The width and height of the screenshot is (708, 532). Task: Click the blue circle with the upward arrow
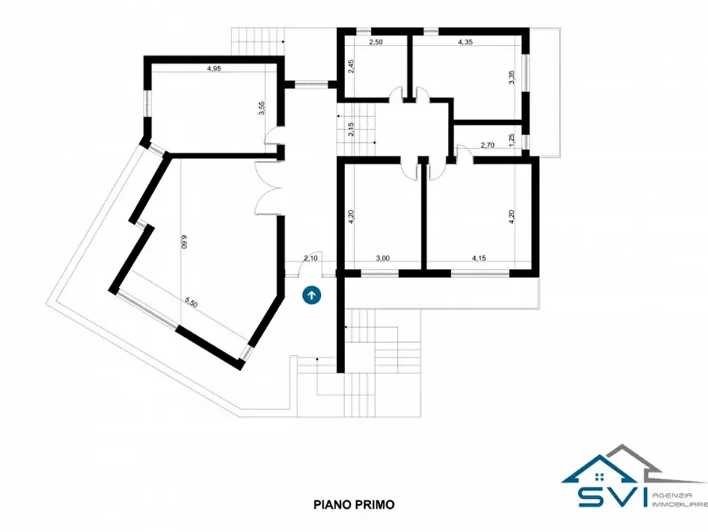coord(312,295)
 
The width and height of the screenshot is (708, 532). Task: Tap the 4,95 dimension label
coord(213,69)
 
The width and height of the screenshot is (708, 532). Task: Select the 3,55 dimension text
coord(262,109)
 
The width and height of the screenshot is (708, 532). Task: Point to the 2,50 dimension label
coord(376,42)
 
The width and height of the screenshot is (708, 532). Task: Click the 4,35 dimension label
coord(465,42)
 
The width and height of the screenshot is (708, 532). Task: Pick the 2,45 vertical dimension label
coord(351,67)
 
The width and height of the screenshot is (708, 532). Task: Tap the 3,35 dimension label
coord(511,77)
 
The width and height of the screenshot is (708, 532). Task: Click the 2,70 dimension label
coord(488,145)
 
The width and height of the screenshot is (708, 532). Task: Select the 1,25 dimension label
coord(511,140)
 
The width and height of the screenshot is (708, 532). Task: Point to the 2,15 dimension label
coord(351,129)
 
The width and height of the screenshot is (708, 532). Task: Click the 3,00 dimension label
coord(382,258)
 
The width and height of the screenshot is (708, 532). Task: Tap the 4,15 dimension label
coord(479,258)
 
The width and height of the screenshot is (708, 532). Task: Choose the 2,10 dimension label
coord(311,258)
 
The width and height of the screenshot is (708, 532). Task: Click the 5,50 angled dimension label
coord(191,303)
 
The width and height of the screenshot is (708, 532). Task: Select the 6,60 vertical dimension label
coord(184,241)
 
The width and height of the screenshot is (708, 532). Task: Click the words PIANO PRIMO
coord(354,504)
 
